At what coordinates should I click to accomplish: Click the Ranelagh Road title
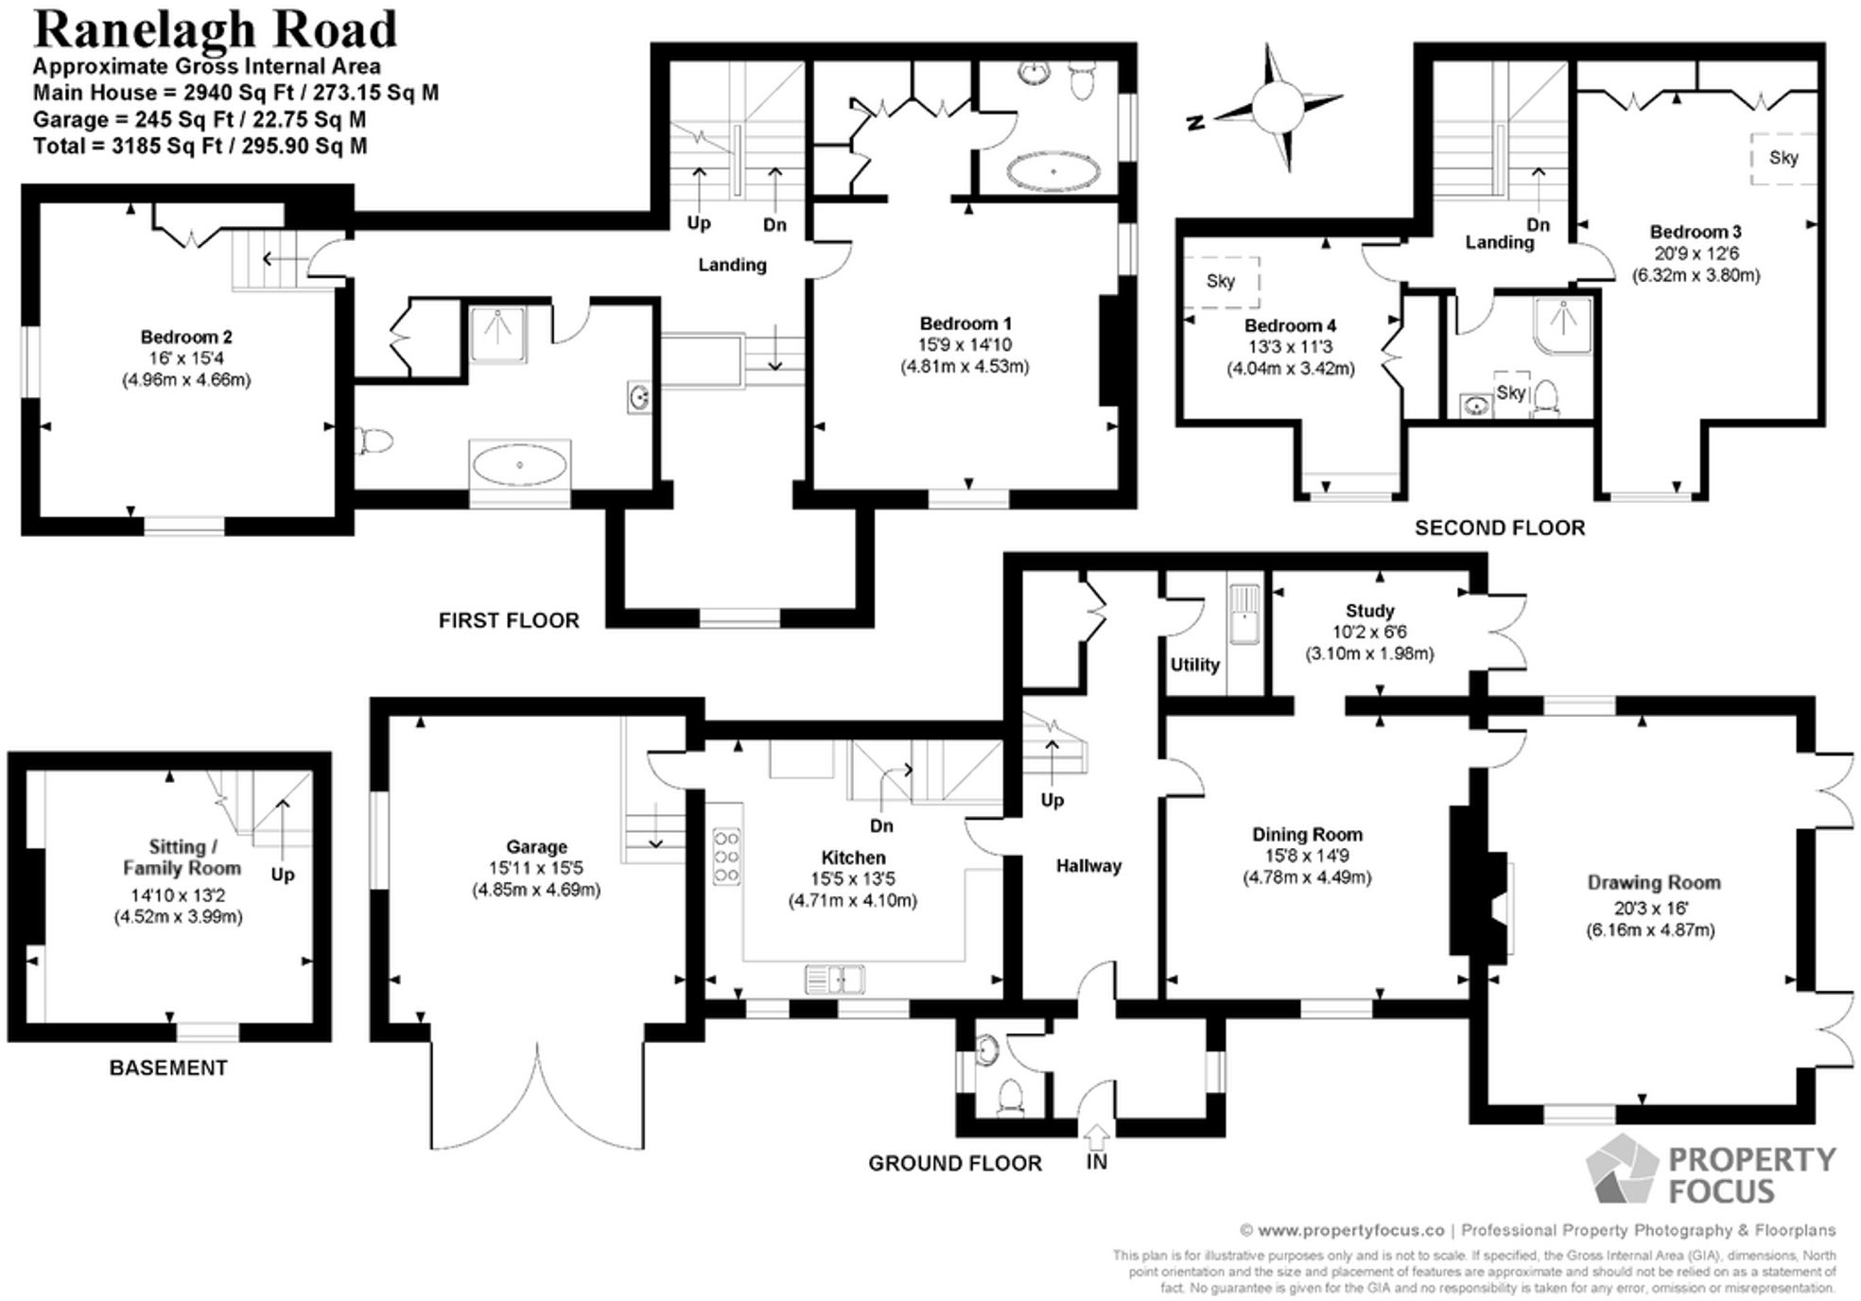[215, 30]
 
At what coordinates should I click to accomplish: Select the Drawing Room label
[1652, 882]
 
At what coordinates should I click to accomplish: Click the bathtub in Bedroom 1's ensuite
[1053, 172]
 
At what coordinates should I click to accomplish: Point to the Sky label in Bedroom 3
[1783, 158]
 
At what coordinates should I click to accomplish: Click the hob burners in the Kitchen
[726, 857]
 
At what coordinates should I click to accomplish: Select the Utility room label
[1194, 665]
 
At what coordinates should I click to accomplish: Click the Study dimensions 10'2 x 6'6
[1369, 633]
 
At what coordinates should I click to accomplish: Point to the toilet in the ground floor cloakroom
[1011, 1098]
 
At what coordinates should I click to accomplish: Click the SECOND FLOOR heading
[1499, 529]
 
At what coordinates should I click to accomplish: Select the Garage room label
[536, 847]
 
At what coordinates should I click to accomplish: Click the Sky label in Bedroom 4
[1220, 281]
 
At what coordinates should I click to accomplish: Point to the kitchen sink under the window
[834, 980]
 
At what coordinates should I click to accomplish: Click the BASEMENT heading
[168, 1067]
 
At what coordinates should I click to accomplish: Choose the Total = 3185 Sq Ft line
[200, 147]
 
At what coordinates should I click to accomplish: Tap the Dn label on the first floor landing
[774, 225]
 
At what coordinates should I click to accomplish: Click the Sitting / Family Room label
[182, 858]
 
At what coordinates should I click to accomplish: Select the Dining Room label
[1307, 834]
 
